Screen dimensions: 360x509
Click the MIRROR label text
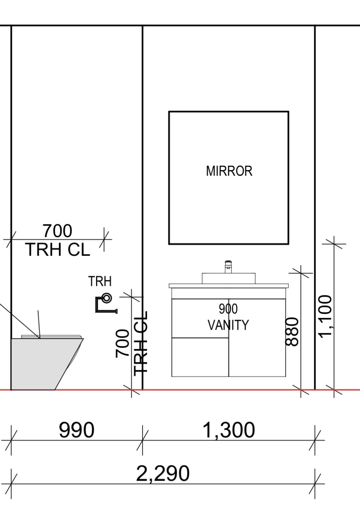tap(229, 171)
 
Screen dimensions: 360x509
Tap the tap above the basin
tap(228, 267)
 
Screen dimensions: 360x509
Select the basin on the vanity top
tap(228, 278)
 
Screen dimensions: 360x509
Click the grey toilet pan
tap(45, 364)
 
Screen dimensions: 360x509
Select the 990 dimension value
tap(76, 430)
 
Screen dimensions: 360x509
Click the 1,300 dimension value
tap(228, 430)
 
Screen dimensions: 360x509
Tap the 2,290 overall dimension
tap(162, 473)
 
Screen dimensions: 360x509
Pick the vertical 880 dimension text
tap(292, 332)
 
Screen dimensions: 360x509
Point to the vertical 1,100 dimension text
tap(325, 317)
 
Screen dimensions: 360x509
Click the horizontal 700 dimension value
tap(58, 231)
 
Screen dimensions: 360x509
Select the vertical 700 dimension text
tap(123, 344)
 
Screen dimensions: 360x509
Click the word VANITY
tap(228, 325)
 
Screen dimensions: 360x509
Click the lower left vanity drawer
tap(200, 357)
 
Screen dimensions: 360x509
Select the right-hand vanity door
tap(257, 338)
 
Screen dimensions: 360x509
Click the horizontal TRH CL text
tap(58, 250)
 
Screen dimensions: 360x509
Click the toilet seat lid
tap(51, 336)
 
